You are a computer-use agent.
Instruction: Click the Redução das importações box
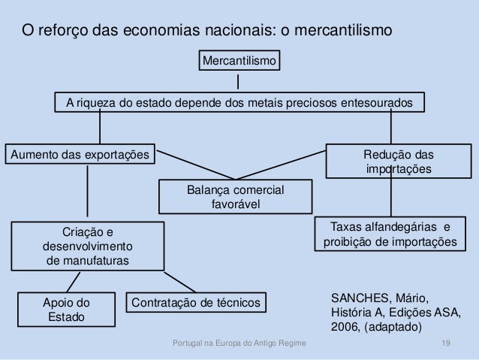pyautogui.click(x=398, y=162)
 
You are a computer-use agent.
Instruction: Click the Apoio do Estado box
pyautogui.click(x=67, y=310)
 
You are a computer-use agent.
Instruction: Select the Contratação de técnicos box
pyautogui.click(x=197, y=303)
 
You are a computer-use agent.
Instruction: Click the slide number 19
pyautogui.click(x=446, y=344)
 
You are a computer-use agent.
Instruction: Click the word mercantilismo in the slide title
pyautogui.click(x=340, y=32)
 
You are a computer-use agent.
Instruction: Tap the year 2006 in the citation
pyautogui.click(x=345, y=328)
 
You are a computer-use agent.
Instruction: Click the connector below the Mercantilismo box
pyautogui.click(x=238, y=80)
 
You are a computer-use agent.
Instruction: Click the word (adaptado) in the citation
pyautogui.click(x=394, y=328)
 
